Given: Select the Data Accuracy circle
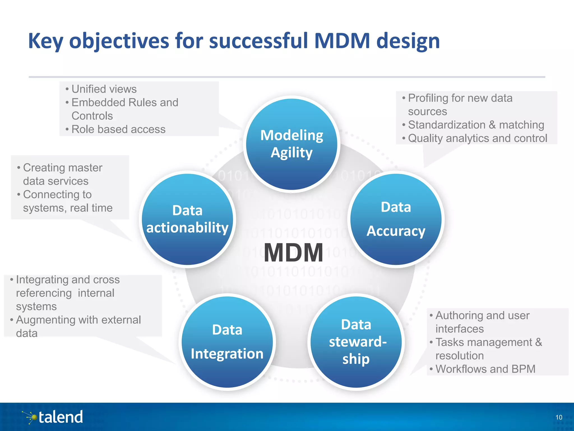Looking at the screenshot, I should tap(396, 219).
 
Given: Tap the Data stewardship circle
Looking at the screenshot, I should tap(356, 342).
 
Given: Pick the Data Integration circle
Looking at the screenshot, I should tap(227, 342).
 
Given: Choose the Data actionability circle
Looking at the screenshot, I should tap(187, 219).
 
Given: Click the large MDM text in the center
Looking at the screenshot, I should tap(293, 253).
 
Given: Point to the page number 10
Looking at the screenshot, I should tap(559, 417).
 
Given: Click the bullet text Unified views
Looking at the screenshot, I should tap(104, 89).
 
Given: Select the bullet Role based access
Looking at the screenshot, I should tap(118, 129).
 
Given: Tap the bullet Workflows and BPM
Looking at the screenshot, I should tap(485, 369).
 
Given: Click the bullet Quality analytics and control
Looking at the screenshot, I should tap(477, 138).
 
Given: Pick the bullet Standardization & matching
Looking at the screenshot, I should tap(476, 125).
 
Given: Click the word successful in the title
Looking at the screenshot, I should tap(258, 41).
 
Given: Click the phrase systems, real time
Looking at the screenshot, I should tap(68, 208).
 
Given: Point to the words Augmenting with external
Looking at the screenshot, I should tap(78, 320).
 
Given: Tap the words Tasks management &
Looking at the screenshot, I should tap(489, 342).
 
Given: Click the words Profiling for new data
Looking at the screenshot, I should tap(460, 98).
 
